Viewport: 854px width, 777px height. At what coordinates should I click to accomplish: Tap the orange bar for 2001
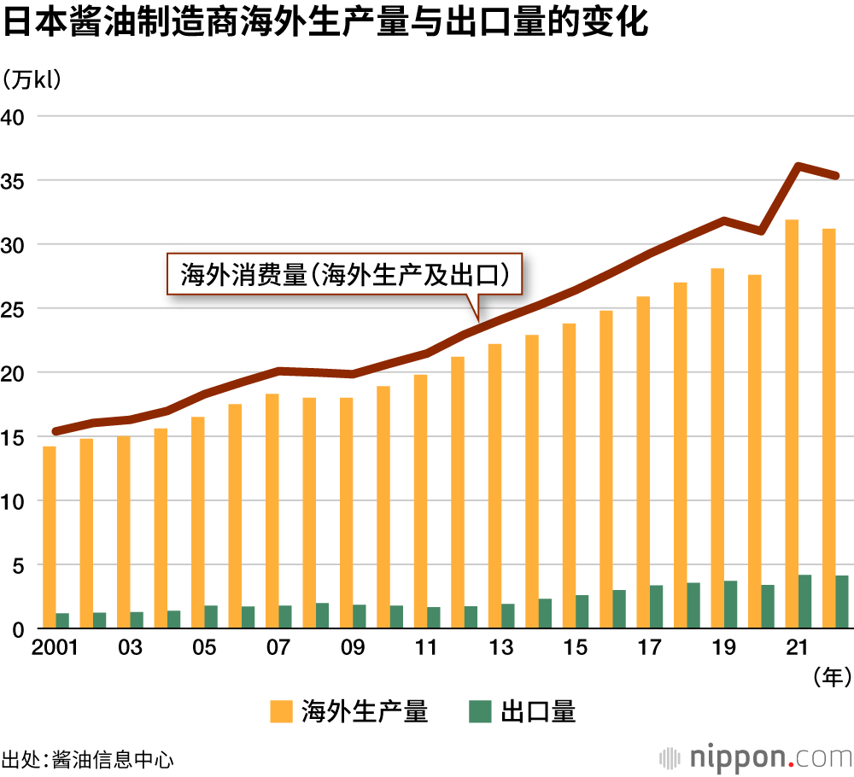(x=50, y=537)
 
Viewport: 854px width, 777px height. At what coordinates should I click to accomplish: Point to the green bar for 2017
(x=657, y=606)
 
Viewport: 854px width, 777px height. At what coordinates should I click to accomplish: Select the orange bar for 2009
(x=346, y=513)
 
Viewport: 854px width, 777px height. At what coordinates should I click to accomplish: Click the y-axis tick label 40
(x=17, y=116)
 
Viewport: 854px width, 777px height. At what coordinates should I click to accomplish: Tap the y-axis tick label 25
(x=17, y=308)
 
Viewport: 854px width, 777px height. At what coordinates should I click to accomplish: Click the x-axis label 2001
(x=55, y=649)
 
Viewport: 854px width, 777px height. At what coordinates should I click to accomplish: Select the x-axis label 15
(x=576, y=649)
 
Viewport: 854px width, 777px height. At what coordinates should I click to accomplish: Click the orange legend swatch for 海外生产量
(x=279, y=710)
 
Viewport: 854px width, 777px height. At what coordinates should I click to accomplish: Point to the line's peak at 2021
(x=798, y=166)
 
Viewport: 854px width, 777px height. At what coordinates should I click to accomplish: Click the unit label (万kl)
(x=34, y=80)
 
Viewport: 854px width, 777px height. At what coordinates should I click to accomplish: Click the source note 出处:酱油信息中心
(x=88, y=758)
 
